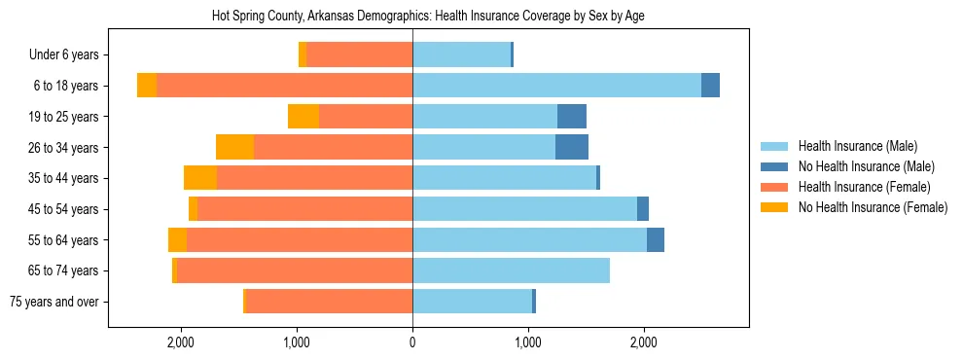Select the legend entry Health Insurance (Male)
click(x=857, y=146)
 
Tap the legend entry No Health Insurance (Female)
click(x=873, y=207)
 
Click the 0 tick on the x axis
click(x=412, y=342)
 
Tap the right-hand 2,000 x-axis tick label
click(x=644, y=342)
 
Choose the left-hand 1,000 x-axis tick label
click(x=297, y=342)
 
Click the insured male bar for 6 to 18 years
click(x=556, y=86)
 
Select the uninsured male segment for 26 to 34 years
click(x=572, y=147)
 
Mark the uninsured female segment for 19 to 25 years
click(x=303, y=117)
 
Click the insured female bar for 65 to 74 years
click(x=295, y=270)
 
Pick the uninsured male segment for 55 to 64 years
click(x=656, y=239)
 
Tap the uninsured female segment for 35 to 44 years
click(x=200, y=178)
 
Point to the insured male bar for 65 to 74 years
click(x=511, y=270)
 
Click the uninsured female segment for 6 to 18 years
click(x=147, y=86)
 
